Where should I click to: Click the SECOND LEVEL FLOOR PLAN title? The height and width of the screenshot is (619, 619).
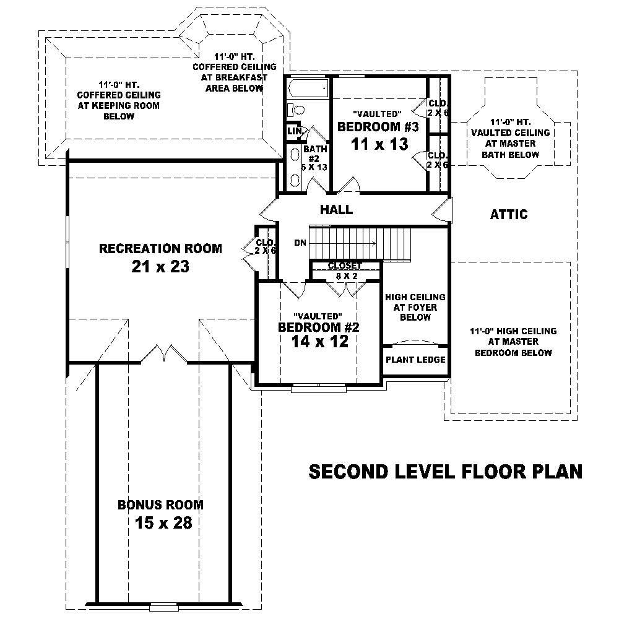445,472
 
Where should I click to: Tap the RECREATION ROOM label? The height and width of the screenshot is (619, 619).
160,249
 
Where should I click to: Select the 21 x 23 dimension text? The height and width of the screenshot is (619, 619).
160,267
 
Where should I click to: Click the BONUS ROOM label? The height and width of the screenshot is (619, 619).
160,505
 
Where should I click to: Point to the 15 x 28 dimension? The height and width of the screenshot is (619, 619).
163,523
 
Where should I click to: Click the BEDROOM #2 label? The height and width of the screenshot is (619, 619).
319,327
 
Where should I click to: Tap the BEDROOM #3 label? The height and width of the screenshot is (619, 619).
378,127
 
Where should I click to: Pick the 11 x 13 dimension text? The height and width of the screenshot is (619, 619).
379,145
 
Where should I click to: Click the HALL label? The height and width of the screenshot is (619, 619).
336,210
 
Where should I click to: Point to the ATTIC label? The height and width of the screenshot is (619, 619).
509,215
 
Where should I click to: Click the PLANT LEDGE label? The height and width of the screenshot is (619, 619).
415,360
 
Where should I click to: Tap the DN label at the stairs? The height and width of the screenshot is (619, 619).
300,243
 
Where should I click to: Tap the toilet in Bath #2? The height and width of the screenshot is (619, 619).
297,110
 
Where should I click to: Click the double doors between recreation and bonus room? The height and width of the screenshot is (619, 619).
162,353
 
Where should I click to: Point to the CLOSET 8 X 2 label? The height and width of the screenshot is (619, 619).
345,271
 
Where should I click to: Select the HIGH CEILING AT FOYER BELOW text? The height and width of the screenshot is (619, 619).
415,307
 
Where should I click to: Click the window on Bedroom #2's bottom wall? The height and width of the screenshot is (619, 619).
319,387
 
